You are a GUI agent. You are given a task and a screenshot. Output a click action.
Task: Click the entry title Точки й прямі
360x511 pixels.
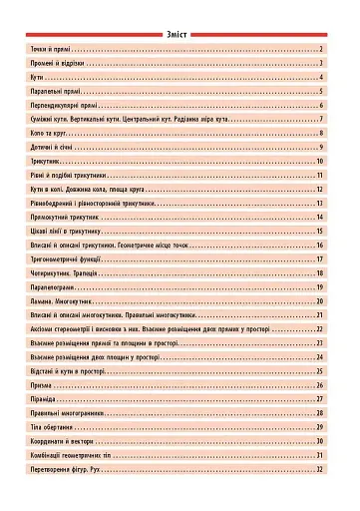coord(50,48)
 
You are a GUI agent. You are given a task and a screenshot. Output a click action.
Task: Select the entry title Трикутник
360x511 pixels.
coord(45,160)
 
